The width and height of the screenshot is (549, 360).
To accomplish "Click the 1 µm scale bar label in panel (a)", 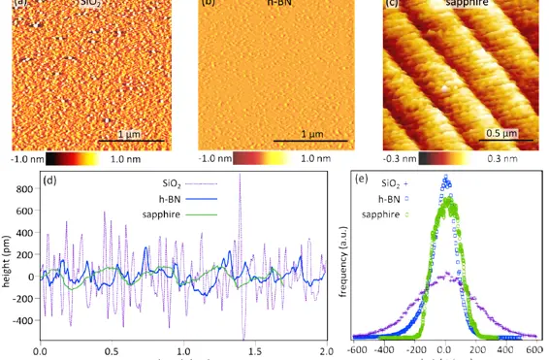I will [x=128, y=134].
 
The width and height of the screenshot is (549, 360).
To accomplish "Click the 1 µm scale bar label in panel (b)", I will [x=311, y=134].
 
